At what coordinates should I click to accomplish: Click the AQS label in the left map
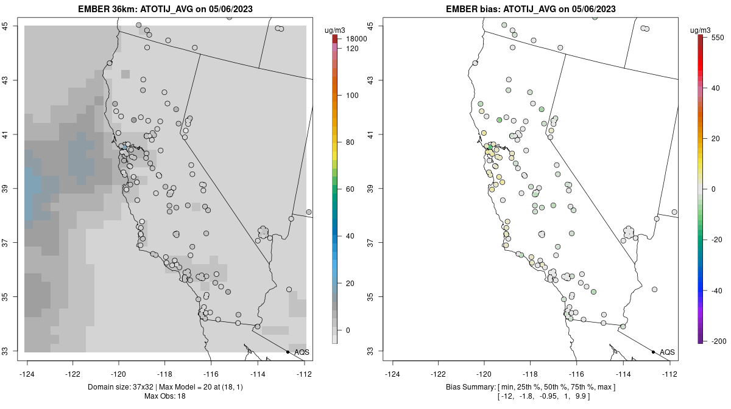(x=302, y=352)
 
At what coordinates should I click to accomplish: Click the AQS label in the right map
(x=667, y=352)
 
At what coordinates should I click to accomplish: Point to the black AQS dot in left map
(x=288, y=352)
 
